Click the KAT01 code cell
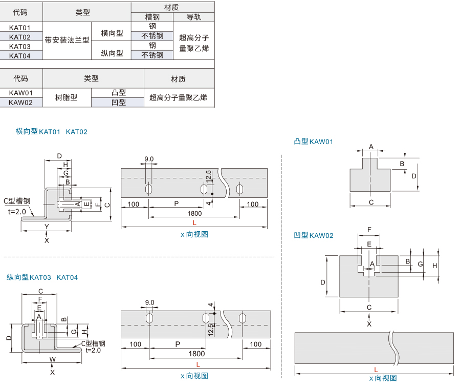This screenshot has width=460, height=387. point(19,28)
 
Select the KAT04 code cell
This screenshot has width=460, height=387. point(19,56)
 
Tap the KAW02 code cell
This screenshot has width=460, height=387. point(20,103)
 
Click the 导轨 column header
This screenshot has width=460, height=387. point(194,17)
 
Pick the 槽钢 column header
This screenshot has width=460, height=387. point(152,17)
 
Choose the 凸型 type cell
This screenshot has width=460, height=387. point(119,93)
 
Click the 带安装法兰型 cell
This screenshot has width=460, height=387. point(67,40)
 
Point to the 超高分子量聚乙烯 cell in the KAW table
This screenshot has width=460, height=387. point(178,97)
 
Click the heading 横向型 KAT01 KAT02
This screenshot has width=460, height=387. point(51,132)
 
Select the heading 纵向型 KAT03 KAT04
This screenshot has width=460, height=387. point(42,277)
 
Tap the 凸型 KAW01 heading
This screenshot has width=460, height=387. point(313,141)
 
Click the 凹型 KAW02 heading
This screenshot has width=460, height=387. point(313,235)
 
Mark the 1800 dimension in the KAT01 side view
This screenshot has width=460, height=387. point(194,213)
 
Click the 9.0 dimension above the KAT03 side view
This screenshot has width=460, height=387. point(149,302)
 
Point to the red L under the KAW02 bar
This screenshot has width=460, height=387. point(376,370)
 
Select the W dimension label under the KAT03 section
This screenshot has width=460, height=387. point(53,359)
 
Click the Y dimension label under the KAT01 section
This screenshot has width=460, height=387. point(47,227)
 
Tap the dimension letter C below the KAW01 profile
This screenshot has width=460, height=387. point(371,202)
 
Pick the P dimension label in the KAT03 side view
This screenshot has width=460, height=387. point(178,344)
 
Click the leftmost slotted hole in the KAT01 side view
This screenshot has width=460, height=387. point(148,190)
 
